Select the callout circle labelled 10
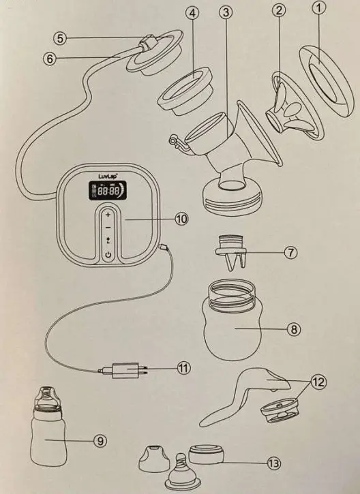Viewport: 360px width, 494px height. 181,219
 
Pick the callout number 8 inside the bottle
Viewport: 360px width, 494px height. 294,328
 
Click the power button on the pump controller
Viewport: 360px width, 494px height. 108,255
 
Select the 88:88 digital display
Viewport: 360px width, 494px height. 108,193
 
